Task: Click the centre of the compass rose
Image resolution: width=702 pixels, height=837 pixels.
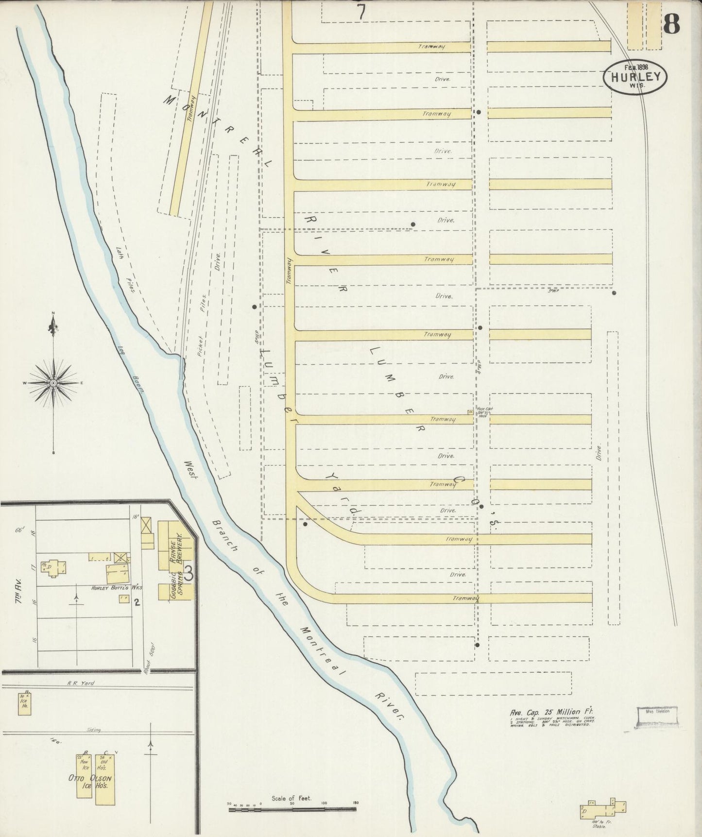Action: tap(53, 383)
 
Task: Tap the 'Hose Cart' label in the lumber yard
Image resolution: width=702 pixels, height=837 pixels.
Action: tap(484, 409)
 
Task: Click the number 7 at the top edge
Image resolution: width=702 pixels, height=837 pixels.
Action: tap(360, 13)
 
